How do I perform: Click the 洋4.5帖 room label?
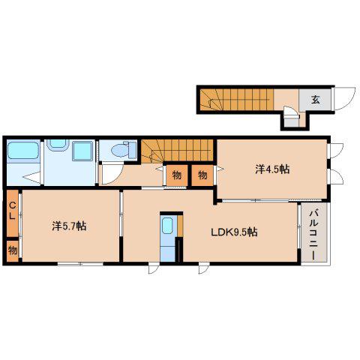pyautogui.click(x=272, y=169)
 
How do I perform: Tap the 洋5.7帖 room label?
pyautogui.click(x=69, y=226)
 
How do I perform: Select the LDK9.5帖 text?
pyautogui.click(x=234, y=232)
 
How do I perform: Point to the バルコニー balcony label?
pyautogui.click(x=313, y=235)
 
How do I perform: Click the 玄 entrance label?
pyautogui.click(x=316, y=100)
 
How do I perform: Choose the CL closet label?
pyautogui.click(x=12, y=211)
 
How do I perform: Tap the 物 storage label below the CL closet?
pyautogui.click(x=13, y=250)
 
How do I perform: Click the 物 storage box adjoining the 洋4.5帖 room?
pyautogui.click(x=202, y=175)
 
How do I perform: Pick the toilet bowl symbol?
pyautogui.click(x=121, y=150)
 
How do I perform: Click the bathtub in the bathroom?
pyautogui.click(x=23, y=150)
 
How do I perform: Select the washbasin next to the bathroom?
pyautogui.click(x=58, y=145)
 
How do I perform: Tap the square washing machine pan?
pyautogui.click(x=82, y=151)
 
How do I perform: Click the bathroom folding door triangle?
pyautogui.click(x=31, y=177)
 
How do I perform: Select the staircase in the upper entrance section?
pyautogui.click(x=236, y=100)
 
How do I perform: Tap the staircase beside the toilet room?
pyautogui.click(x=177, y=151)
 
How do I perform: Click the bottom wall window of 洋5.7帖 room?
pyautogui.click(x=80, y=264)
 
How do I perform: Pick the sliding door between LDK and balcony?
pyautogui.click(x=298, y=226)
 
